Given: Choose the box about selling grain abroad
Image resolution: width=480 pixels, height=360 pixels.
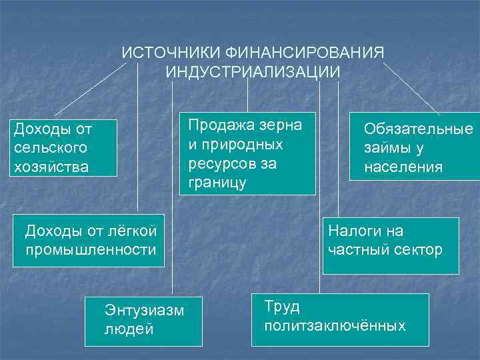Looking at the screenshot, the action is click(x=247, y=153).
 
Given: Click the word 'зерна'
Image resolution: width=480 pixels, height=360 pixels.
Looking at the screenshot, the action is click(x=281, y=125).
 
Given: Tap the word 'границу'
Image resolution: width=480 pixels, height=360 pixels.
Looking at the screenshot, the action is click(x=217, y=182).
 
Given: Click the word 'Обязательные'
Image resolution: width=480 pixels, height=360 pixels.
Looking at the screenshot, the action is click(x=418, y=129).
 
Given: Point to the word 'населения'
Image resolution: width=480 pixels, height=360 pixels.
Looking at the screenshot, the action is click(x=403, y=167).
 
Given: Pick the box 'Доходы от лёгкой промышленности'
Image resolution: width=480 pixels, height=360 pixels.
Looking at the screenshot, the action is click(x=89, y=241).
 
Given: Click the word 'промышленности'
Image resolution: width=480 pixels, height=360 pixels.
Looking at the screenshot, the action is click(x=91, y=250).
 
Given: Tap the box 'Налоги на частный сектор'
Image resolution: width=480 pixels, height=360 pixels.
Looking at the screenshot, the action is click(x=391, y=245).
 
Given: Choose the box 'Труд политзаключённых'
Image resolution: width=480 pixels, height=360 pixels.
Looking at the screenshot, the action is click(x=339, y=319).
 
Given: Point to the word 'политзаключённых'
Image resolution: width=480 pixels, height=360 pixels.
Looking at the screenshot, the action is click(x=335, y=326).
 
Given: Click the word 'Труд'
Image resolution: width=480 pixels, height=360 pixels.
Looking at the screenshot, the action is click(x=282, y=307).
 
